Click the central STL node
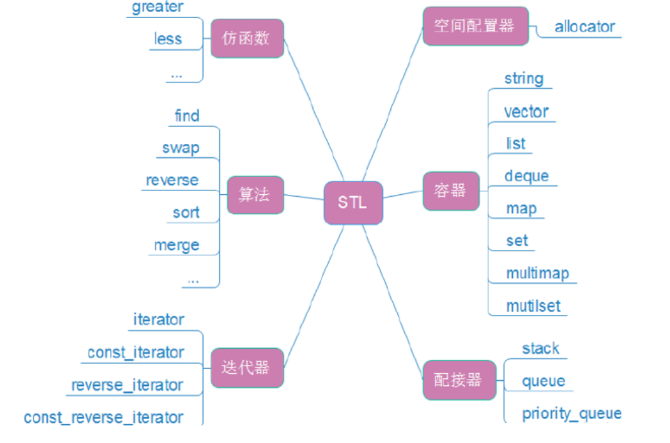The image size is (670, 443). [x=353, y=202]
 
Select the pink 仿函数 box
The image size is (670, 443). [x=246, y=38]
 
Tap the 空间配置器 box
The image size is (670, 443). [x=475, y=26]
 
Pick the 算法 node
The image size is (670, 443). [x=255, y=195]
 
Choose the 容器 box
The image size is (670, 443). [x=451, y=191]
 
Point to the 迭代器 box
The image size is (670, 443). [x=246, y=368]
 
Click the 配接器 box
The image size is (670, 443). [x=459, y=380]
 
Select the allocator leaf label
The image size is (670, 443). [x=585, y=27]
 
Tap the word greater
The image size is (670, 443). [x=158, y=8]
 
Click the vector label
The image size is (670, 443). [x=527, y=112]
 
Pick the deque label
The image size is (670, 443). [x=527, y=176]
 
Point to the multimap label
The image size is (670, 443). [x=537, y=273]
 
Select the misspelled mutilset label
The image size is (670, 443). [x=534, y=306]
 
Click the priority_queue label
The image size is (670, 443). [x=571, y=413]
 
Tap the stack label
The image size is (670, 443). [x=541, y=348]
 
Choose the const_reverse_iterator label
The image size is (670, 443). [x=104, y=417]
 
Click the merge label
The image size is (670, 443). [x=177, y=245]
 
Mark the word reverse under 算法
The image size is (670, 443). [x=172, y=180]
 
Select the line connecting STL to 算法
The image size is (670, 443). [x=304, y=197]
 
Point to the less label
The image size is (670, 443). [x=168, y=39]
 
